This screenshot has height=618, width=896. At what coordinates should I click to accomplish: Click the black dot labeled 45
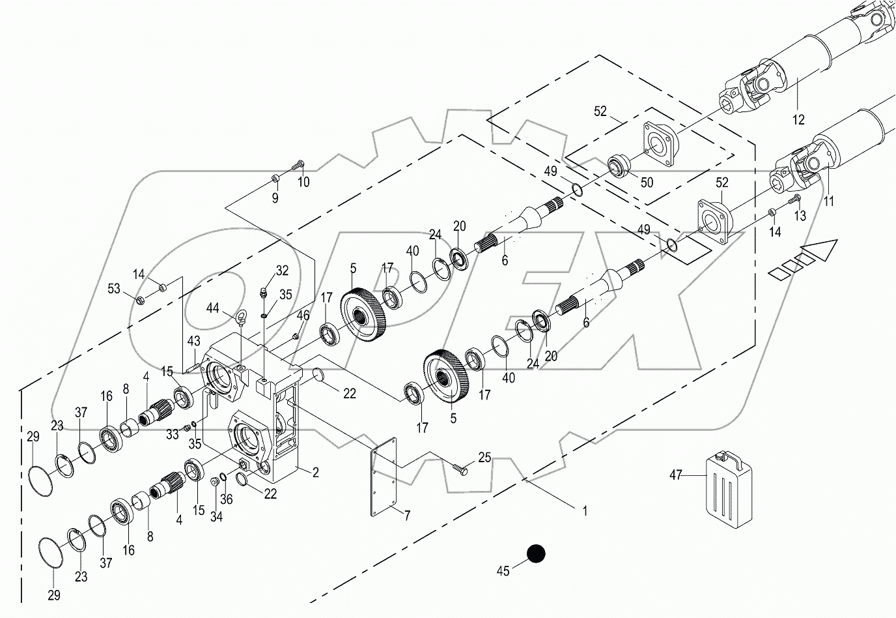(535, 554)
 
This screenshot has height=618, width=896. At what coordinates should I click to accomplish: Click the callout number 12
(798, 120)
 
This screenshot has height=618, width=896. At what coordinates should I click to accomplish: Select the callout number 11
(828, 202)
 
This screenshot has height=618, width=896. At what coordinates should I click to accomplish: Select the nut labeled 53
(139, 300)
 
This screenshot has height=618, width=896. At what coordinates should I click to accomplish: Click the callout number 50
(646, 183)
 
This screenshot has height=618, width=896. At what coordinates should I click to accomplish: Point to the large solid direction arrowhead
(819, 250)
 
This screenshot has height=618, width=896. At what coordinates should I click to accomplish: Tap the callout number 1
(584, 512)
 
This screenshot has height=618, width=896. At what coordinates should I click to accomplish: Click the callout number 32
(281, 270)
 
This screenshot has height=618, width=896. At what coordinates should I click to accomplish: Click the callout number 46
(303, 316)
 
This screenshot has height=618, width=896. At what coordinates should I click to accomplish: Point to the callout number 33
(172, 434)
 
